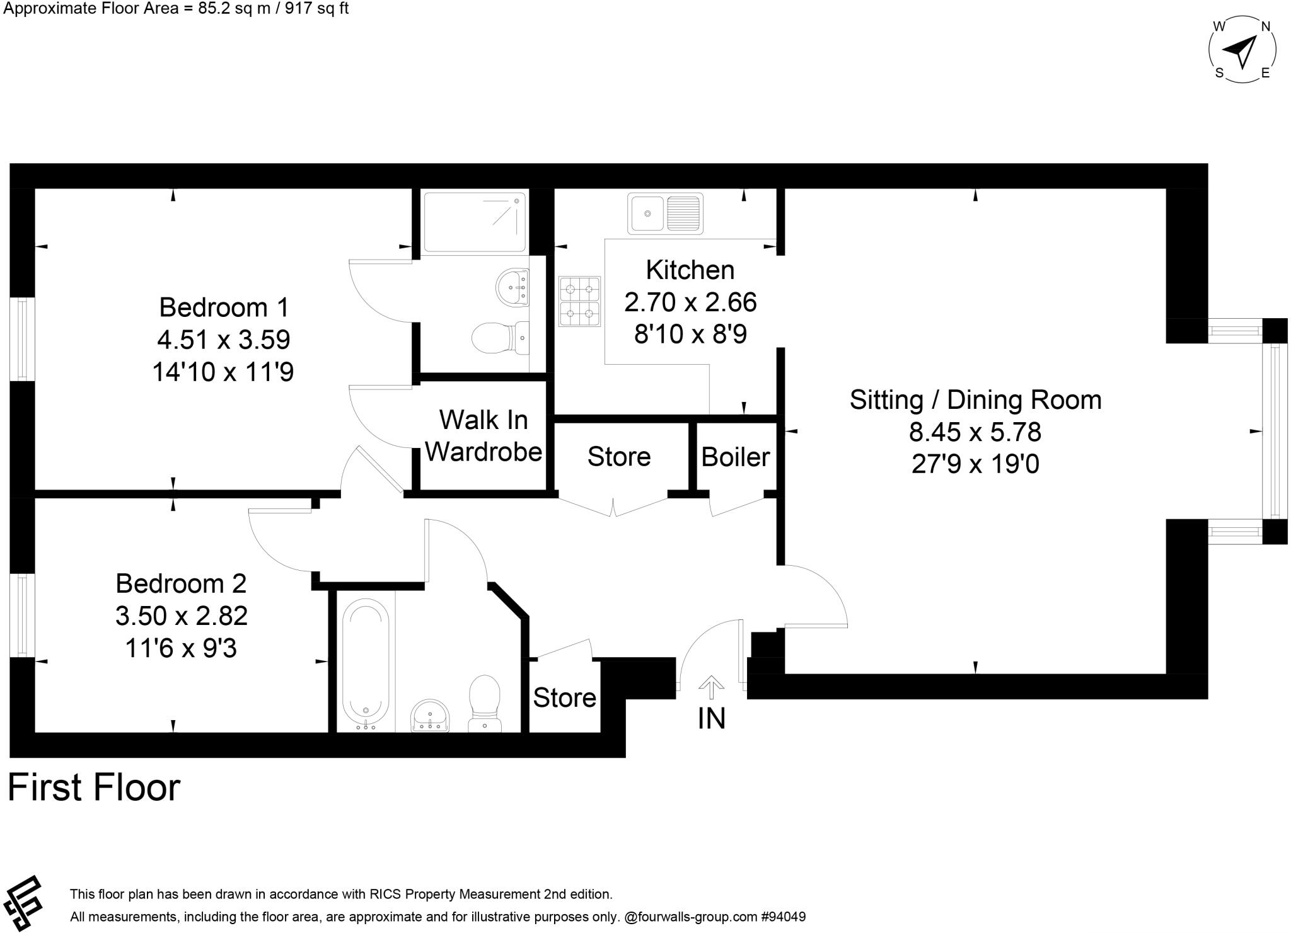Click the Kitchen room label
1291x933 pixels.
[690, 270]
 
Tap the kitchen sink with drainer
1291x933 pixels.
[664, 214]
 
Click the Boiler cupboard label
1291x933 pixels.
[735, 457]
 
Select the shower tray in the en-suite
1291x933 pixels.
[475, 222]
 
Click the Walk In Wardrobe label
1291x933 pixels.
[483, 436]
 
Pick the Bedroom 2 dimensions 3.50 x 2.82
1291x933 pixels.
[181, 615]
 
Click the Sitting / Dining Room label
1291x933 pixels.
[975, 400]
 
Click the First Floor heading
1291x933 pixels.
[94, 787]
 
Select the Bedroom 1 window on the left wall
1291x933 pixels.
[23, 339]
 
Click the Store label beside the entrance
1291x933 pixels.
[564, 698]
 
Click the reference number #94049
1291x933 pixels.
[784, 917]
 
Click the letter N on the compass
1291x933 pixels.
[1265, 26]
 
